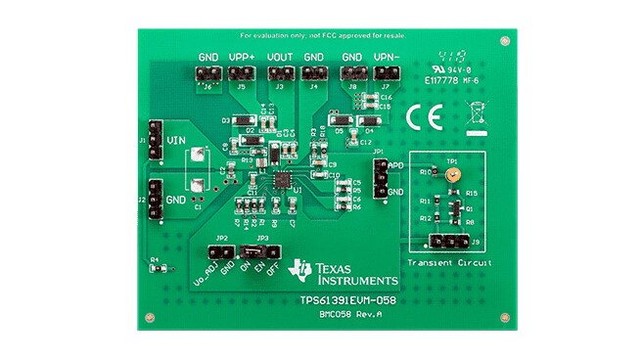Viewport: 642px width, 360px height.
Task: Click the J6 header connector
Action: (x=209, y=74)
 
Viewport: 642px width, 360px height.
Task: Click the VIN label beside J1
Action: (x=176, y=141)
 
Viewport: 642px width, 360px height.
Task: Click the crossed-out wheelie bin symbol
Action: (x=477, y=113)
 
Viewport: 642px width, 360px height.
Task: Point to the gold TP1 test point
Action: (x=451, y=175)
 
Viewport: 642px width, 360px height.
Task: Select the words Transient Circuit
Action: (x=447, y=264)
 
